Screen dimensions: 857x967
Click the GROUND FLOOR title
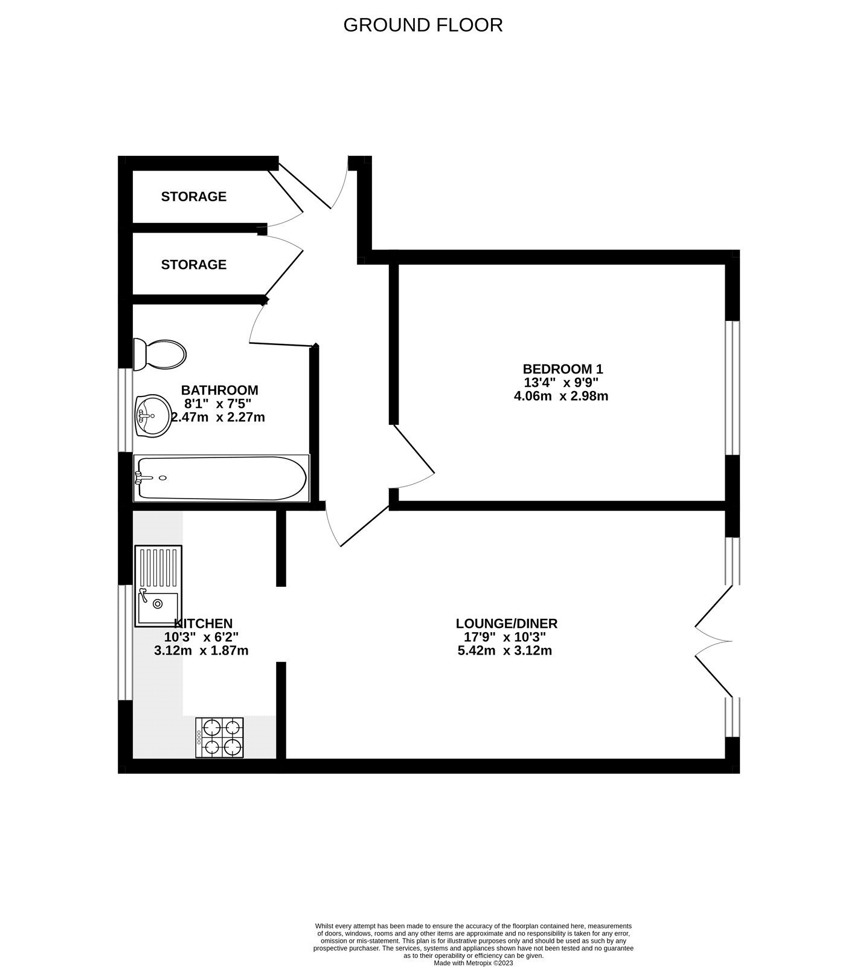tap(423, 25)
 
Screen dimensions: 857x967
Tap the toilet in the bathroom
tap(160, 355)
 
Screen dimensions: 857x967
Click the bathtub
tap(221, 478)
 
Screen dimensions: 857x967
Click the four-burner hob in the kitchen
tap(219, 738)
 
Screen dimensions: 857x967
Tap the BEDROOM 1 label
tap(563, 369)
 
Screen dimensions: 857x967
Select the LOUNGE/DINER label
tap(507, 623)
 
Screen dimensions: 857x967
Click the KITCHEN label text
tap(204, 623)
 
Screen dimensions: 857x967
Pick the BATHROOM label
tap(220, 390)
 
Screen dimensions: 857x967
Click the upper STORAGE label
tap(194, 196)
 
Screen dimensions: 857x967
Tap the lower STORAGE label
tap(194, 265)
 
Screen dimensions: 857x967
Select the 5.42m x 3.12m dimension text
tap(505, 651)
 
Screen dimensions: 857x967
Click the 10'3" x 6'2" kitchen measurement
tap(202, 637)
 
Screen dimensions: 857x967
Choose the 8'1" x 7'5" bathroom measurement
tap(218, 404)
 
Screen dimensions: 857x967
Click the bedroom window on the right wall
tap(733, 388)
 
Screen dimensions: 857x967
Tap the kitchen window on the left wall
tap(125, 642)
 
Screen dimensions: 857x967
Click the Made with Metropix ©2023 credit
tap(473, 963)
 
